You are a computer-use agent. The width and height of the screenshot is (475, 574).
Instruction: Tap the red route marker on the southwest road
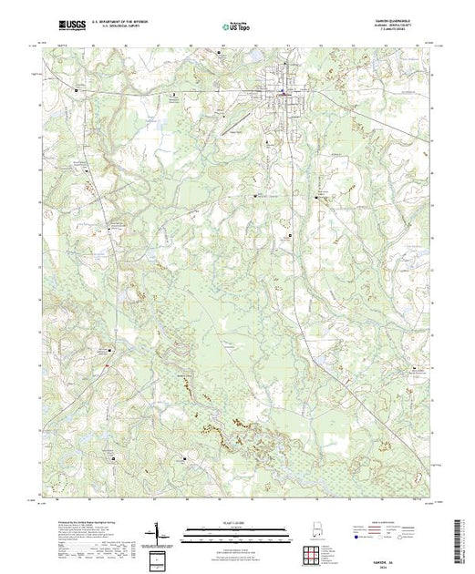pyautogui.click(x=107, y=367)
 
